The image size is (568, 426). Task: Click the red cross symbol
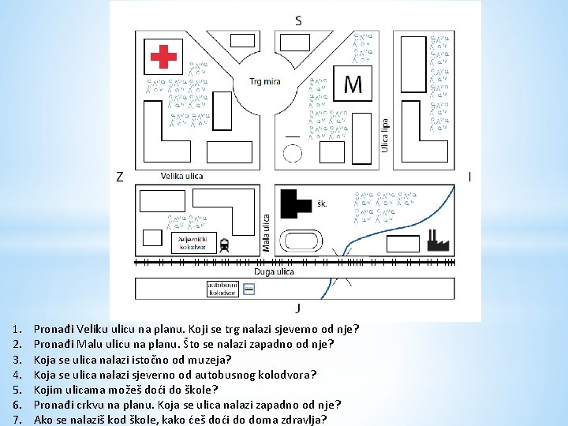point(164,56)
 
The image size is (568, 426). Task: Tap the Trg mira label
point(264,81)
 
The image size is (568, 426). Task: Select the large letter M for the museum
point(353,84)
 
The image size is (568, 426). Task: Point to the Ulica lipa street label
point(386,135)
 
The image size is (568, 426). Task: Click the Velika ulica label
point(181,176)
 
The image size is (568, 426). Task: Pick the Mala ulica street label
point(267,233)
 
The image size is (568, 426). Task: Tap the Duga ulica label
point(275,271)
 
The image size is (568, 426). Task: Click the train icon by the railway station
point(225,244)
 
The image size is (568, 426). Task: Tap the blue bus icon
point(249,290)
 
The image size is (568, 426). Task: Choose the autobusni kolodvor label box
point(222,289)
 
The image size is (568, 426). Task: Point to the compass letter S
point(297,21)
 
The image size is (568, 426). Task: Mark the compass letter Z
point(119,177)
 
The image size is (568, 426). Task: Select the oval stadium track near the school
point(302,241)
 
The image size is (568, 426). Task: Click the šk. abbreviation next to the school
point(322,204)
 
